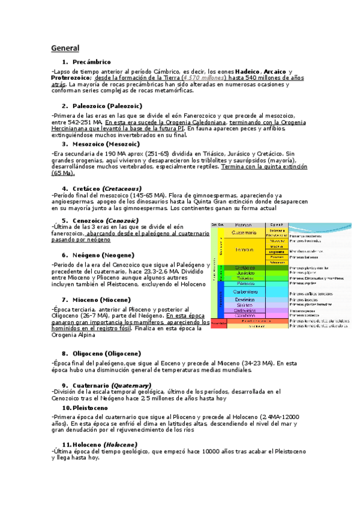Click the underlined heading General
65,48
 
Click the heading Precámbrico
91,62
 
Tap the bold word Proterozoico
70,77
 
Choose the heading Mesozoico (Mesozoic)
105,144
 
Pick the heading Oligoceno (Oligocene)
107,354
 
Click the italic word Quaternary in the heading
130,385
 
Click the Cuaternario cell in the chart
245,232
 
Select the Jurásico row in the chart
245,273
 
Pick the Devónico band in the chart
245,299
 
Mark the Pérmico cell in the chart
245,283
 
